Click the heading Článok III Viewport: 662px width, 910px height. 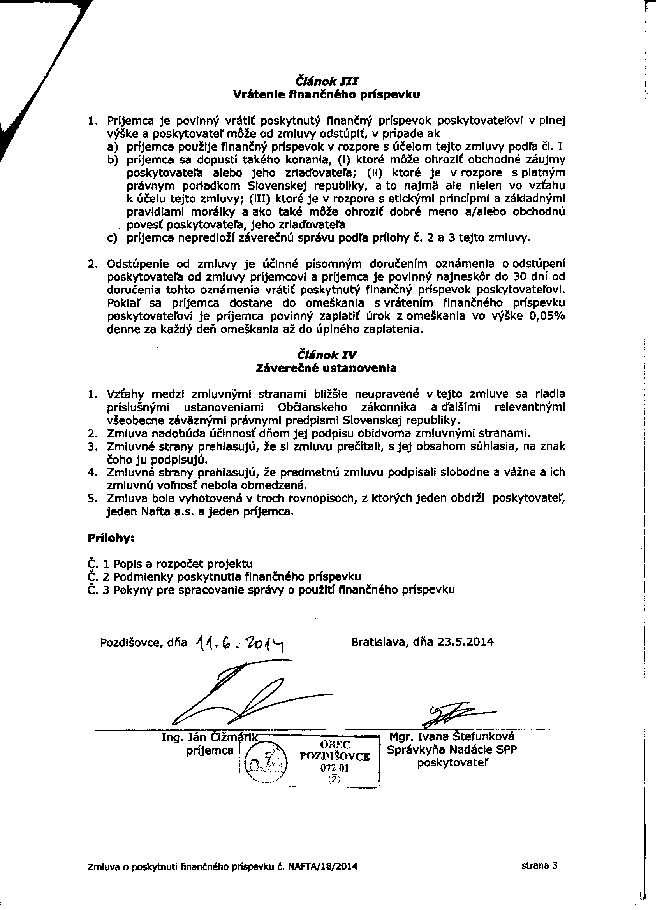(326, 81)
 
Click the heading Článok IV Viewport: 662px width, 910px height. (326, 355)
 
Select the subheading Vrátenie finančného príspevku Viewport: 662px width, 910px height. (326, 95)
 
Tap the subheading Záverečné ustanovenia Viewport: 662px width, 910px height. (326, 368)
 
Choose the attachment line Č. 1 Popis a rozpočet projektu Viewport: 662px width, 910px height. (170, 564)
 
